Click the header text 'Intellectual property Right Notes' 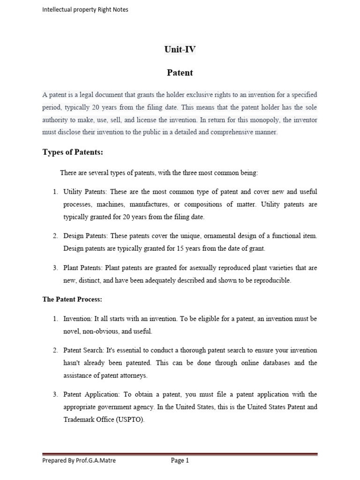coord(85,9)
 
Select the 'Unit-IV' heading coord(180,50)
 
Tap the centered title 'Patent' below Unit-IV coord(180,73)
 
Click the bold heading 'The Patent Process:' coord(72,299)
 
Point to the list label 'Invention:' coord(78,319)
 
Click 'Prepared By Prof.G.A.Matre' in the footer coord(79,460)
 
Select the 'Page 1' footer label coord(180,460)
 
